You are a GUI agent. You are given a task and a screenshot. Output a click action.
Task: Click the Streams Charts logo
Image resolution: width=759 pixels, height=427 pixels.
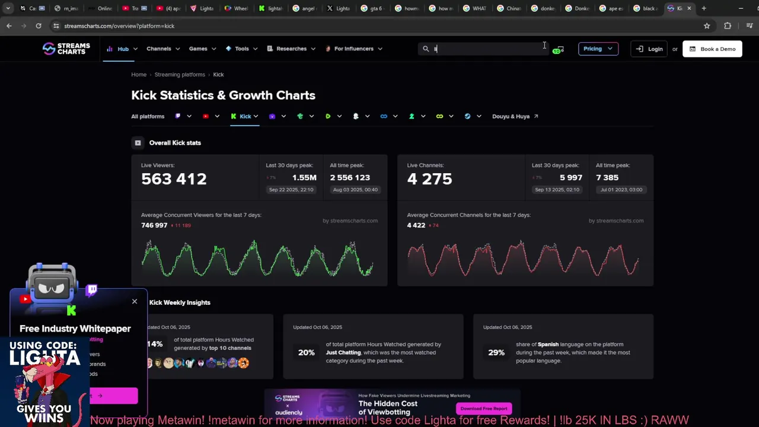click(66, 49)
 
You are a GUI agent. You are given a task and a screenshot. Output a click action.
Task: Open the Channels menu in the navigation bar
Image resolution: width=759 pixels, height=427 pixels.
click(159, 49)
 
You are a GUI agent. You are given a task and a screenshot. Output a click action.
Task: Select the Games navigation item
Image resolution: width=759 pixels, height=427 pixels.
click(198, 49)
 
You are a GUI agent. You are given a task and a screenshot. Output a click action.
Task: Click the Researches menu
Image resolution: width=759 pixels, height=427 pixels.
click(291, 49)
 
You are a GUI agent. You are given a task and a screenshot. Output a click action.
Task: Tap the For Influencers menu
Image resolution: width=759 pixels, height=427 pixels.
click(353, 49)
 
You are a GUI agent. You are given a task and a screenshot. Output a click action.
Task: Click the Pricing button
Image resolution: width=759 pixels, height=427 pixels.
click(598, 49)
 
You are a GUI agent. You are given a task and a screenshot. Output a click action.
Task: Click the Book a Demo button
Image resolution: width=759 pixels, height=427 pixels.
click(712, 49)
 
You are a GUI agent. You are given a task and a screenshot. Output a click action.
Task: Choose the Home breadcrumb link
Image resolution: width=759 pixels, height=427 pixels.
click(139, 75)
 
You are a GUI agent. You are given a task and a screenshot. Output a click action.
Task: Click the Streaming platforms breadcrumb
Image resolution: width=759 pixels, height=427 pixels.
click(180, 75)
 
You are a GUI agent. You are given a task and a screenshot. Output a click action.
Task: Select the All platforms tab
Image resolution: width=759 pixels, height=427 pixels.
click(148, 116)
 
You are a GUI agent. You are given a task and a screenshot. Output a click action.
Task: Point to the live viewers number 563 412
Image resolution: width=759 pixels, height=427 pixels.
click(174, 179)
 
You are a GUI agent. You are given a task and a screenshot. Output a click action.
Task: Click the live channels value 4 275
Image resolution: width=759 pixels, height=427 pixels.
click(429, 179)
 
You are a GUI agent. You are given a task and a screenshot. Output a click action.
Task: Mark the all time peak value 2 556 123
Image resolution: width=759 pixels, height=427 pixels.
click(350, 178)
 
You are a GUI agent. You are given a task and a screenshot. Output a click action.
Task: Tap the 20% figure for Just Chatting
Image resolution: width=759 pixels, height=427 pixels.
click(306, 352)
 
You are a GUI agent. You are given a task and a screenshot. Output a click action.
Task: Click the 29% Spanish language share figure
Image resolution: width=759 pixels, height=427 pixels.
click(496, 352)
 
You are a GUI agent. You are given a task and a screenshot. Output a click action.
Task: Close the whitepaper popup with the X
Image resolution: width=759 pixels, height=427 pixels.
click(135, 301)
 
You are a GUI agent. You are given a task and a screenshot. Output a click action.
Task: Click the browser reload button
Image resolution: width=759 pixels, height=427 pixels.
click(39, 26)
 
